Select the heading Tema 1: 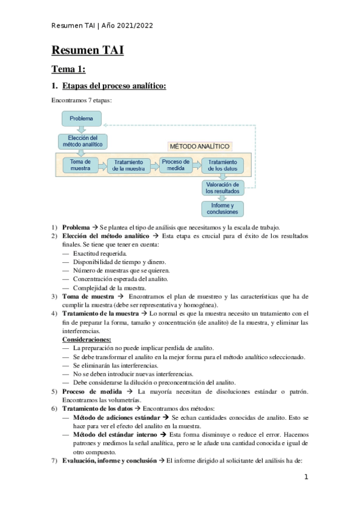click(68, 70)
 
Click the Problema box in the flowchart click(81, 118)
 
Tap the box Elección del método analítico click(82, 141)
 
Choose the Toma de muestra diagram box click(80, 165)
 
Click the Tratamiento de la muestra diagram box click(129, 165)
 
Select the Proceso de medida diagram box click(175, 165)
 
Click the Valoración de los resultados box click(222, 188)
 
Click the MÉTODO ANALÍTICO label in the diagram click(200, 146)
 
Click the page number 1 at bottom click(306, 477)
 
